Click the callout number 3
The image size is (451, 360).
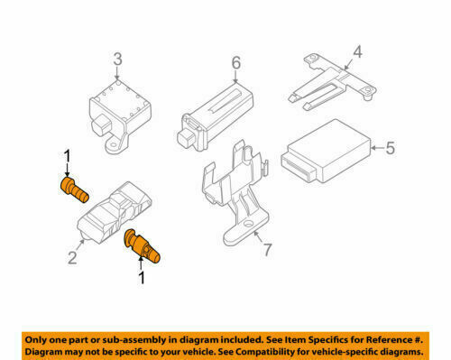118,60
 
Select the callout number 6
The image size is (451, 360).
236,63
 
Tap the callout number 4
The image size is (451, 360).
357,51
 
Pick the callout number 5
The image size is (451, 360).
390,148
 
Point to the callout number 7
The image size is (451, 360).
268,250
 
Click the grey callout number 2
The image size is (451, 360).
72,258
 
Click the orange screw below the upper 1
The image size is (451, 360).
75,190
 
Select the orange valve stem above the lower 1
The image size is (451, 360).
142,246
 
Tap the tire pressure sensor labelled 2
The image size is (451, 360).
115,212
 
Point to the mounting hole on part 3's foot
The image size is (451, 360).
114,144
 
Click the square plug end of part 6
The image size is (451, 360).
187,139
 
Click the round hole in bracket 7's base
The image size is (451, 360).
248,224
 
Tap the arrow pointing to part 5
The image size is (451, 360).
378,148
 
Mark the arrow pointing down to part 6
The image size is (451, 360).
235,77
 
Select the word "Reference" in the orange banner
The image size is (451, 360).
389,340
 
